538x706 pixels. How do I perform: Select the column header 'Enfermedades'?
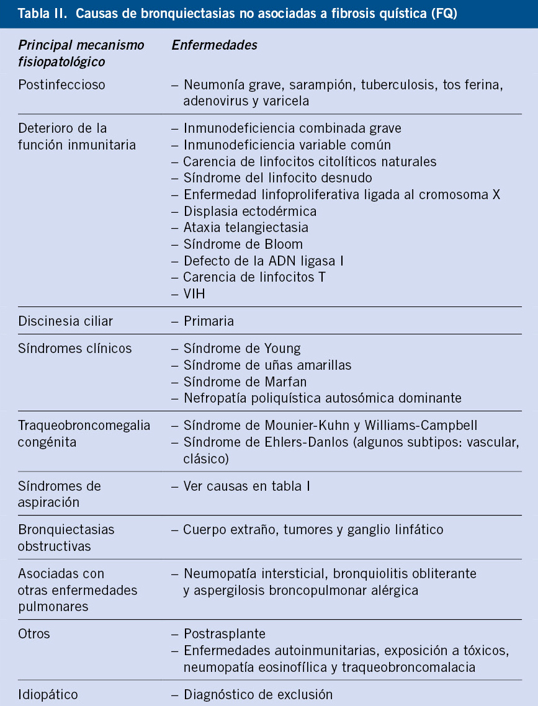(x=214, y=45)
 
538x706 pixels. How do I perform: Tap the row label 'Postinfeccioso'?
(x=62, y=85)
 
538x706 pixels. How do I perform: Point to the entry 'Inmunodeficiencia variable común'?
(x=287, y=145)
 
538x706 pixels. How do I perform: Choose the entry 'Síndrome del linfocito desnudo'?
(x=278, y=178)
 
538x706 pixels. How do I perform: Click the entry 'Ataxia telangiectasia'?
(x=246, y=228)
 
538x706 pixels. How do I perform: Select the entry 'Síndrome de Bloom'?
(x=243, y=244)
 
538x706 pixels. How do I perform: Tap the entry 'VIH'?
(x=194, y=294)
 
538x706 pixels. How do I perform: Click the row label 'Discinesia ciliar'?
(x=66, y=321)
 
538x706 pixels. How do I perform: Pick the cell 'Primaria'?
(x=209, y=321)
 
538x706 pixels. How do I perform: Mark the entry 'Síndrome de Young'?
(x=242, y=349)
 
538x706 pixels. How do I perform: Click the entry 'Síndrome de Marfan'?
(x=245, y=382)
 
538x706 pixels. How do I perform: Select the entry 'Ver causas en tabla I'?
(x=247, y=486)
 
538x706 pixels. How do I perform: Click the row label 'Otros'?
(x=34, y=634)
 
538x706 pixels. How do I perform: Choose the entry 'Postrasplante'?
(x=225, y=634)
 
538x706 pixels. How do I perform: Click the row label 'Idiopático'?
(x=48, y=694)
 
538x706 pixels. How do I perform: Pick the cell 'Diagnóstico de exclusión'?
(x=258, y=694)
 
